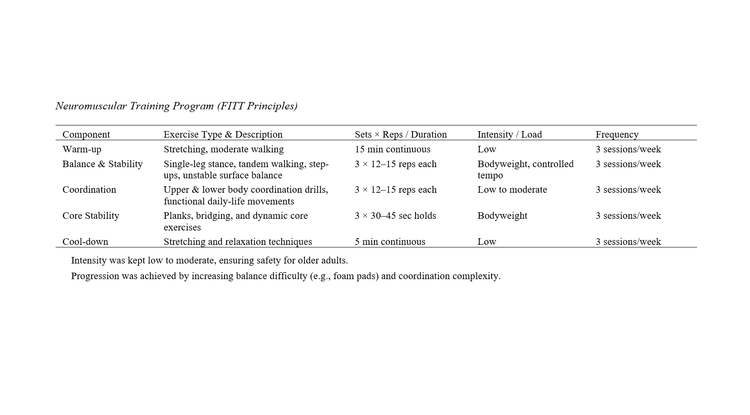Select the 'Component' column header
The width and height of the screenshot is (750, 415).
(x=86, y=135)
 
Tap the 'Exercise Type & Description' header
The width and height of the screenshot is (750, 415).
(x=223, y=135)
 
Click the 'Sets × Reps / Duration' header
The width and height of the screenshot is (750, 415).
(x=400, y=135)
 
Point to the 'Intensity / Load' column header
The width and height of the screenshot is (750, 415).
(x=509, y=135)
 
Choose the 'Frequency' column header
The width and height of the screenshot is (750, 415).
(x=617, y=135)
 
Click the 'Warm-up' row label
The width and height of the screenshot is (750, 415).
(x=82, y=149)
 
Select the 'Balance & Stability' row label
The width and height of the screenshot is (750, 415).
(x=102, y=164)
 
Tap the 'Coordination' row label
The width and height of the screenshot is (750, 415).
(x=89, y=190)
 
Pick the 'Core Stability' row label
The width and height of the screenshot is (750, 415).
(x=91, y=216)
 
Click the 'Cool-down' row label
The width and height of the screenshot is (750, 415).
(x=85, y=242)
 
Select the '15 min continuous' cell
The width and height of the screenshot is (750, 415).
(x=392, y=149)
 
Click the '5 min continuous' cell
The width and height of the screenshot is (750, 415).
(x=390, y=242)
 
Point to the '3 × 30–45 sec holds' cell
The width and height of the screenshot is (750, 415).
(x=395, y=216)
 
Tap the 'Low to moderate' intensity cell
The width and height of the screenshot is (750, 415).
(x=512, y=190)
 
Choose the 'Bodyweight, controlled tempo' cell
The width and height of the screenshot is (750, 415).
(x=525, y=169)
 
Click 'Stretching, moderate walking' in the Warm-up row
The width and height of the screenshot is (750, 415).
(x=223, y=149)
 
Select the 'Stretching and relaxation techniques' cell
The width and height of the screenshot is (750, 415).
(x=238, y=242)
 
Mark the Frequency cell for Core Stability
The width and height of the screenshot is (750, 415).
(x=628, y=216)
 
